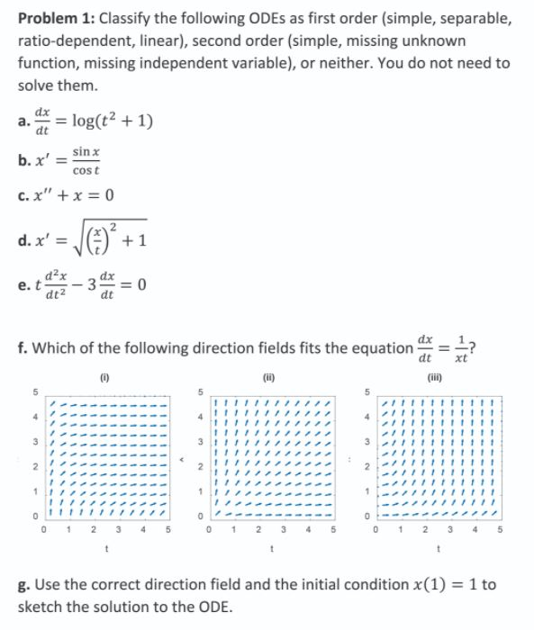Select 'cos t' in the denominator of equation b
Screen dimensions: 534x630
coord(86,168)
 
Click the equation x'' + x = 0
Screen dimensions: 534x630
coord(78,195)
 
